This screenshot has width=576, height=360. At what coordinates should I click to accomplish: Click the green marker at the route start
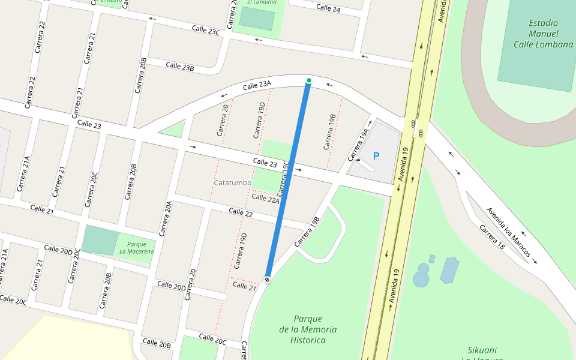point(308,80)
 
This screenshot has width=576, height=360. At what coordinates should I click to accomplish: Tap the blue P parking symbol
point(376,156)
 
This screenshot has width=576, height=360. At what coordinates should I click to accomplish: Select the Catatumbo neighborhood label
point(232,182)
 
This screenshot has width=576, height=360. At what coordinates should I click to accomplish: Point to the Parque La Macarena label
point(136,248)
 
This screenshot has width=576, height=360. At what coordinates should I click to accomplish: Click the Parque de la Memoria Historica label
point(308,329)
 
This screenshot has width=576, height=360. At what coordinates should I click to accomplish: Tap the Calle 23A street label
point(257,87)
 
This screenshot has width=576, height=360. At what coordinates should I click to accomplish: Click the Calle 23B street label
point(180,66)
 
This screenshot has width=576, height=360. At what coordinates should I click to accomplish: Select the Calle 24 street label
point(328,8)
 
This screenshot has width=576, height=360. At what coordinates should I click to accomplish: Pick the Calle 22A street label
point(265,199)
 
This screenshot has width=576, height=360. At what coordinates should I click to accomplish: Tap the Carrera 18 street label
point(491,238)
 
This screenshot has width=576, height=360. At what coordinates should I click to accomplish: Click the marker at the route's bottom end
point(267,278)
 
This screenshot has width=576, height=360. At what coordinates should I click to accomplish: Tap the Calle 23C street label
point(206,30)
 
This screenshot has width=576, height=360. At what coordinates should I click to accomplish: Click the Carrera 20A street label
point(166,218)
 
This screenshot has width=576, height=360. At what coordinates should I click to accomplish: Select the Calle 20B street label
point(157,343)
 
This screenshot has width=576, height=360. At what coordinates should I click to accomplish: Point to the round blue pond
point(421,278)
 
